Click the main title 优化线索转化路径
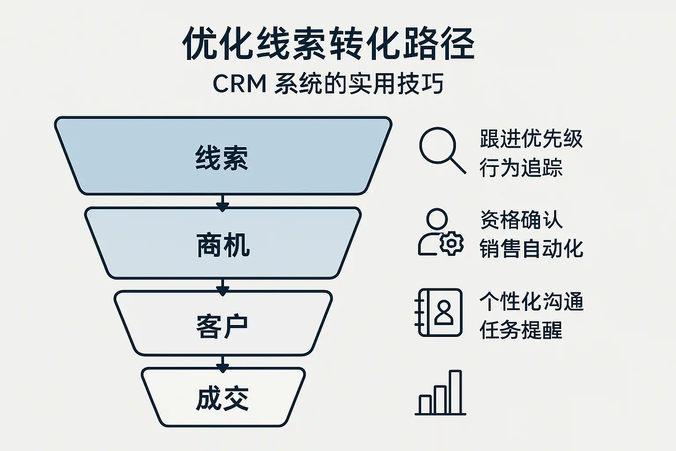[328, 44]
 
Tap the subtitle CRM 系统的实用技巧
[328, 84]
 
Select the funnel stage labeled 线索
[223, 156]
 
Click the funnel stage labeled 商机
[223, 244]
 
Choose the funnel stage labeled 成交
[223, 398]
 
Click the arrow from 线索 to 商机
[223, 202]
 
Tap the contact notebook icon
[439, 313]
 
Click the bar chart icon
[441, 394]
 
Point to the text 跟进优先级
[531, 139]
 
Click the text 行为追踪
[521, 168]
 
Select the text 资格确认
[521, 219]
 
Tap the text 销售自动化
[531, 248]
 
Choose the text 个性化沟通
[531, 302]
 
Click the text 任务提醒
[521, 330]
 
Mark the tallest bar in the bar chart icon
[456, 392]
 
